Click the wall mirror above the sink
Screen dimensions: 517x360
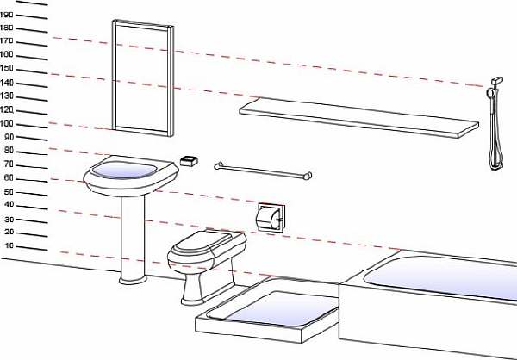(143, 78)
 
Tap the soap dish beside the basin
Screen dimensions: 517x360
(189, 161)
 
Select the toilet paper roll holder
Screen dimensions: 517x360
(271, 218)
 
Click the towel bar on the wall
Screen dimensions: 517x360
(263, 171)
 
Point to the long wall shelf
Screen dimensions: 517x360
(358, 117)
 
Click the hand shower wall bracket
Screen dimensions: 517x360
(497, 81)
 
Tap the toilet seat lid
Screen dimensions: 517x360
(202, 243)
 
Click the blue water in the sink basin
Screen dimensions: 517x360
(124, 171)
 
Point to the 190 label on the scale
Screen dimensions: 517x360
(7, 15)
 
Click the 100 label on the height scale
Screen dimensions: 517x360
(7, 124)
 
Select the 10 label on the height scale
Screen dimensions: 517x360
(9, 246)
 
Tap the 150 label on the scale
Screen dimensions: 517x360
(7, 68)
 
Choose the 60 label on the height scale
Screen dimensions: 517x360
(9, 178)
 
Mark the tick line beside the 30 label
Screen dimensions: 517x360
(32, 221)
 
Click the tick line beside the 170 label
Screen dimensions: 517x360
(32, 44)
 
